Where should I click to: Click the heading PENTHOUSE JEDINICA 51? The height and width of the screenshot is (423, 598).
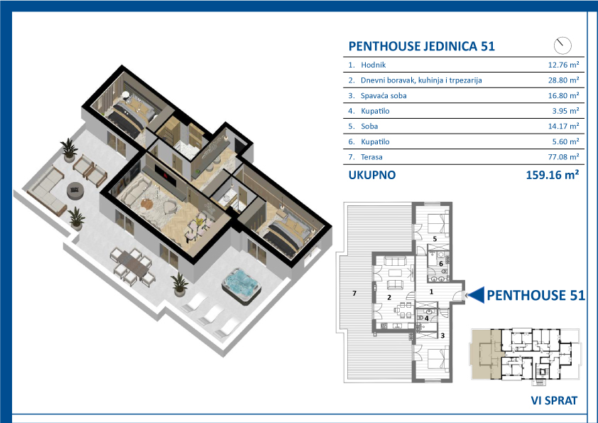click(x=421, y=46)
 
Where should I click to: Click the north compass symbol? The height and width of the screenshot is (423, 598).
click(x=562, y=45)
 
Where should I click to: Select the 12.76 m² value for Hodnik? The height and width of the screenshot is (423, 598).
click(x=563, y=65)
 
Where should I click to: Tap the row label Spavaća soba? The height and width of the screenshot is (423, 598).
click(x=384, y=96)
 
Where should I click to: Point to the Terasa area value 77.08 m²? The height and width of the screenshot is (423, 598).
click(x=563, y=157)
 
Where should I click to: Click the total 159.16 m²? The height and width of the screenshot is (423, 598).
click(x=553, y=175)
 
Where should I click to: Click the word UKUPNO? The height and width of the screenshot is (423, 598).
click(x=372, y=175)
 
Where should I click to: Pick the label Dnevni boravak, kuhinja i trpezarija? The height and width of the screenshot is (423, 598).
click(x=421, y=80)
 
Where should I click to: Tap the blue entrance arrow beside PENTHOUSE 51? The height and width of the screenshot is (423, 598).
click(x=476, y=295)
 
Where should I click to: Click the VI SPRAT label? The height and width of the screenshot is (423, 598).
click(x=554, y=400)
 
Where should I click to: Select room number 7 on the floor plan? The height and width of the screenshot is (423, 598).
click(x=354, y=293)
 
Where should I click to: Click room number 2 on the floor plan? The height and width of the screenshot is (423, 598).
click(x=389, y=297)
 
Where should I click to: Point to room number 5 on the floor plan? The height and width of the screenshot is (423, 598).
click(x=435, y=239)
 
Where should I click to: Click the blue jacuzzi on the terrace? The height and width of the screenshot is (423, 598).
click(x=241, y=285)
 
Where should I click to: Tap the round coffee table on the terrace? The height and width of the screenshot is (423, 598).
click(x=75, y=190)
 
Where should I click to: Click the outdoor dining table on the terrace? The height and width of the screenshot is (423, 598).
click(x=132, y=264)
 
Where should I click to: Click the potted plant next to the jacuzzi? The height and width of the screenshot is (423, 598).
click(x=179, y=284)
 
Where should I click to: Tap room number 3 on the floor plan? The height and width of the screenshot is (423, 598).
click(x=442, y=336)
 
